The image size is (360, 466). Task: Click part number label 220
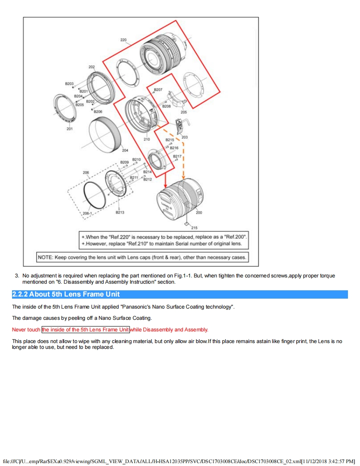click(123, 40)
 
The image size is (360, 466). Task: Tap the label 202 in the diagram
click(91, 66)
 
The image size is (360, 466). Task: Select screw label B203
click(69, 83)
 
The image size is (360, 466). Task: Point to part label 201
click(69, 129)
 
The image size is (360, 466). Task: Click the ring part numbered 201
click(65, 108)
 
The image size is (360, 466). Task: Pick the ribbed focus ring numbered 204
click(106, 132)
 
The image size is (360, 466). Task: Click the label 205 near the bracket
click(184, 112)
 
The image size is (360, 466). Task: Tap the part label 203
click(185, 137)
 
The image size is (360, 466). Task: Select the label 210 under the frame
click(147, 139)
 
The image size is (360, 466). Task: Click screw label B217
click(177, 156)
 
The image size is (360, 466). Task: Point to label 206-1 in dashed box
click(87, 213)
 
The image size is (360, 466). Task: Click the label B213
click(120, 212)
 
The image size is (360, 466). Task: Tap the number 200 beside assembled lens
click(199, 213)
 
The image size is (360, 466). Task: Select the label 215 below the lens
click(194, 228)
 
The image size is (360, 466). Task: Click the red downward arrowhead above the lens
click(165, 184)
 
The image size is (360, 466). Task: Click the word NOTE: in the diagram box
click(45, 258)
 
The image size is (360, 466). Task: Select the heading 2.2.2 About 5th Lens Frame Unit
click(66, 294)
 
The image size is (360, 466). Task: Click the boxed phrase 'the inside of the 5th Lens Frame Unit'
click(86, 330)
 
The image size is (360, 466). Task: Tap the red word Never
click(19, 330)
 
